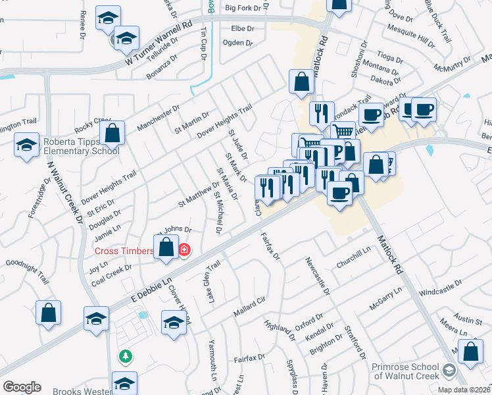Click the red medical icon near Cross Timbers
pyautogui.click(x=184, y=250)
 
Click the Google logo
pyautogui.click(x=22, y=387)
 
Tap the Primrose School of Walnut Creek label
pyautogui.click(x=414, y=371)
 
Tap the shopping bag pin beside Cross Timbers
pyautogui.click(x=167, y=248)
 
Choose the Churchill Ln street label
pyautogui.click(x=354, y=257)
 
